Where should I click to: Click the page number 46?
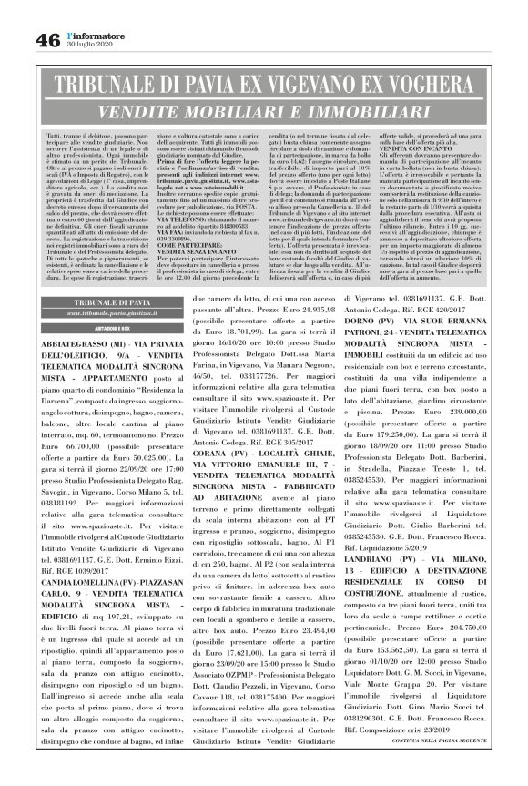47,40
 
